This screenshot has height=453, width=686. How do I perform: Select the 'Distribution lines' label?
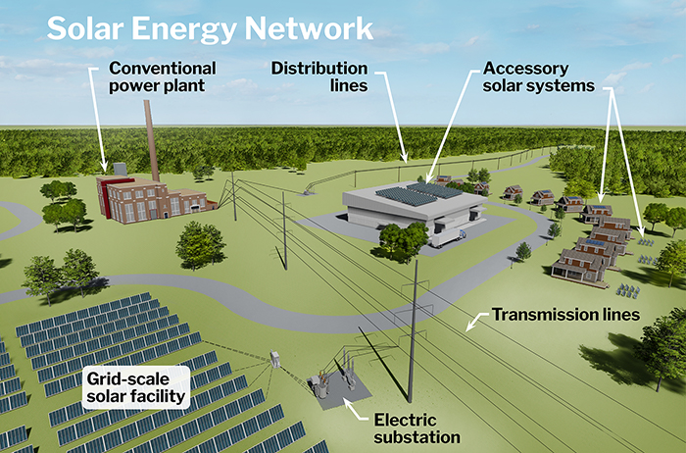(x=319, y=77)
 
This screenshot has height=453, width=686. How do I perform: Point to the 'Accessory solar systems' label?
(x=539, y=77)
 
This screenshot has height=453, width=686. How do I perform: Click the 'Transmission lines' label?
(x=565, y=315)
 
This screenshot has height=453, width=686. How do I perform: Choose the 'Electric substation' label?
(x=416, y=428)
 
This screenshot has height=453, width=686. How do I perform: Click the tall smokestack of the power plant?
(x=152, y=147)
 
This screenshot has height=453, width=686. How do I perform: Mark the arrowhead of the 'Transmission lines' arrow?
(x=468, y=326)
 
